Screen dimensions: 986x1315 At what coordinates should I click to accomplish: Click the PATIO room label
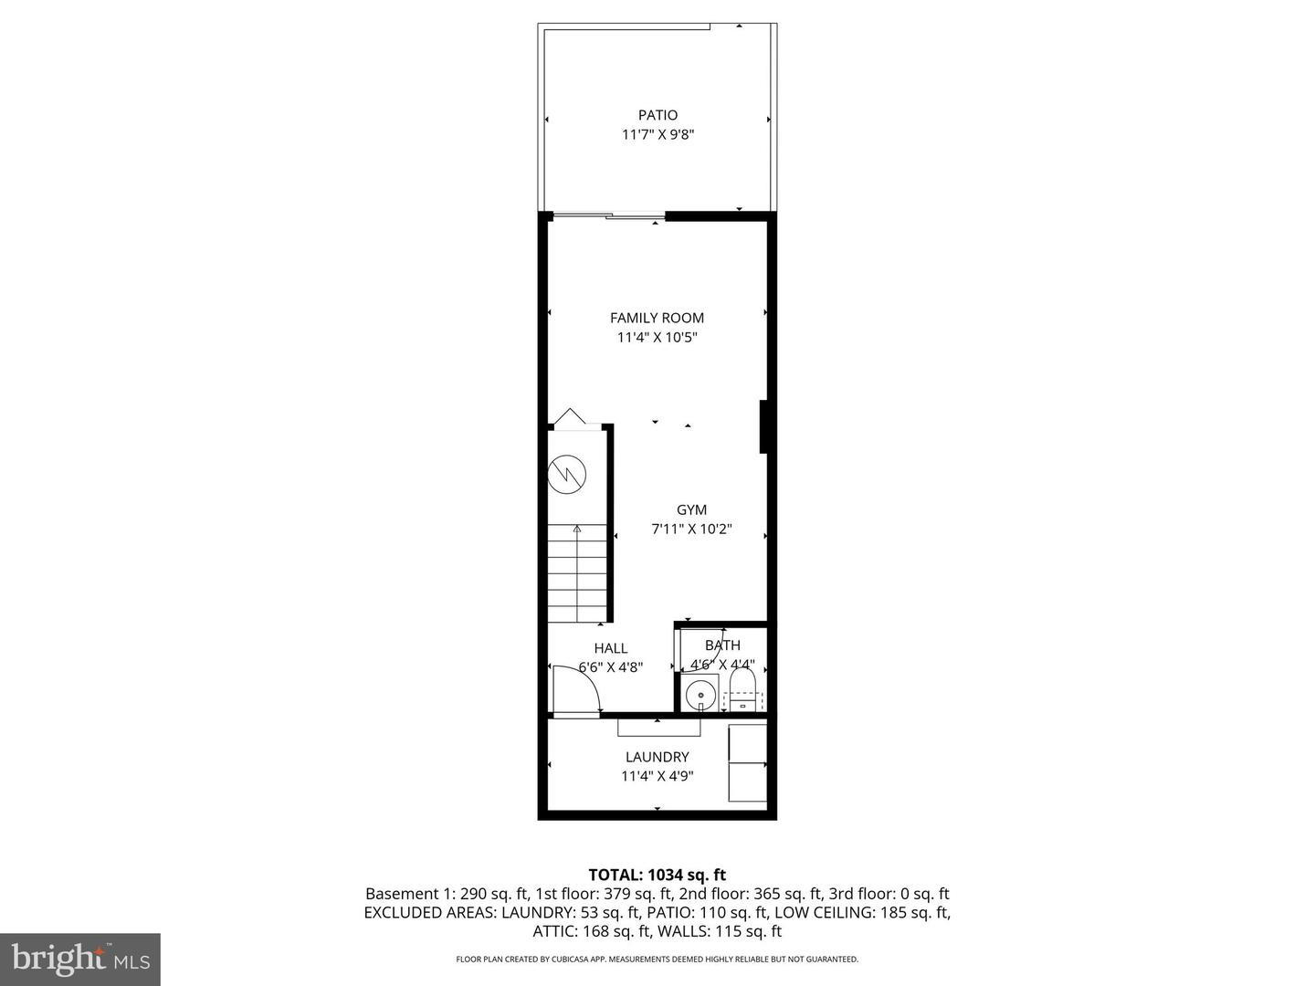click(x=657, y=115)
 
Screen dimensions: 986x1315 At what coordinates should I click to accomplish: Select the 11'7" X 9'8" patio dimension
click(x=657, y=134)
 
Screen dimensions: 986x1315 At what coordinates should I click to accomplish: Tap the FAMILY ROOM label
click(x=657, y=318)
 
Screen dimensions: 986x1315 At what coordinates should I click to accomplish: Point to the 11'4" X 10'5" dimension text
click(x=657, y=337)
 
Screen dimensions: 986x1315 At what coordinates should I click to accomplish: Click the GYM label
click(x=691, y=509)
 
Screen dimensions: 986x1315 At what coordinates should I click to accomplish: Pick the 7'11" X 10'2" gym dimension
click(x=691, y=529)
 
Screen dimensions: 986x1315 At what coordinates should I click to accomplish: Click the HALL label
click(x=610, y=648)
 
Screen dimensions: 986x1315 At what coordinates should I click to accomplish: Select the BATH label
click(x=722, y=645)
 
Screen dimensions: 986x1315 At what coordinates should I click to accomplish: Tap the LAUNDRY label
click(x=657, y=757)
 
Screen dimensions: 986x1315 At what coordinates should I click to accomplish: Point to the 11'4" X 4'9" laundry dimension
click(x=657, y=776)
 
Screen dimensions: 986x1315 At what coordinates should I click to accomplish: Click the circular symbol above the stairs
click(x=566, y=474)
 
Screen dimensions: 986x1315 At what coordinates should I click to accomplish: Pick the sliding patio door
click(x=607, y=216)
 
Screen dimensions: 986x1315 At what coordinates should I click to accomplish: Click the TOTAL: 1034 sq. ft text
click(x=657, y=875)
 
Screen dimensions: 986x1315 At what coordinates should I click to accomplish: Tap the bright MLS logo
click(x=80, y=959)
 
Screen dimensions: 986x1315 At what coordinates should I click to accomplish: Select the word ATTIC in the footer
click(x=553, y=931)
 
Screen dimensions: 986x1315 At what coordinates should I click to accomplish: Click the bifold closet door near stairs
click(x=570, y=418)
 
